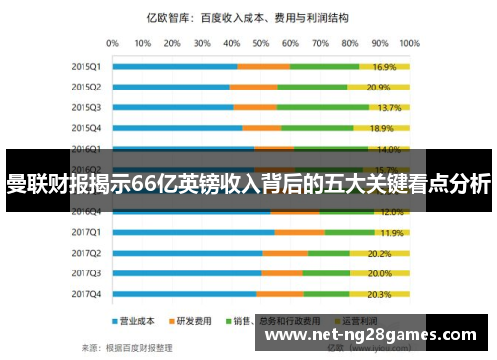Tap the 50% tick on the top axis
coord(261,43)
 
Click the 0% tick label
coord(112,43)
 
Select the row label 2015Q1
coord(86,67)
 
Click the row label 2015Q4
coord(86,128)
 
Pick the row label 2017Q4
coord(86,294)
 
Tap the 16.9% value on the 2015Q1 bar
coord(384,67)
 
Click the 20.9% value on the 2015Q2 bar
coord(378,87)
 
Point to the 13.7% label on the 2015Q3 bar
coord(389,107)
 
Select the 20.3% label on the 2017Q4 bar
coord(379,294)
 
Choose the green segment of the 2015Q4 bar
coord(317,128)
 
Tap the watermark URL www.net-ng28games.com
coord(369,334)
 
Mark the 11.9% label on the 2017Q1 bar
coord(391,232)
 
